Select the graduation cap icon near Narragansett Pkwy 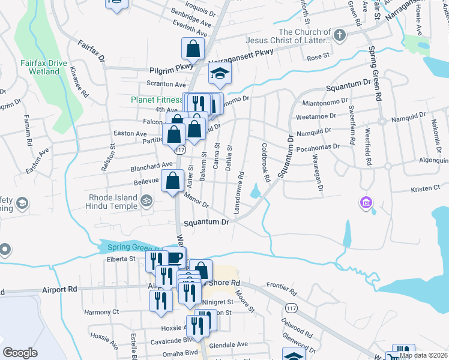point(220,75)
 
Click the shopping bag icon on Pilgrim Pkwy point(193,48)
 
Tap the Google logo point(20,353)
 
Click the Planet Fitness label point(156,100)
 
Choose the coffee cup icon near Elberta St point(174,258)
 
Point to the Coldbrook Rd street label point(265,158)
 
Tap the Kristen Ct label point(426,188)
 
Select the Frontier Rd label point(282,289)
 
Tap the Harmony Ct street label point(101,312)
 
